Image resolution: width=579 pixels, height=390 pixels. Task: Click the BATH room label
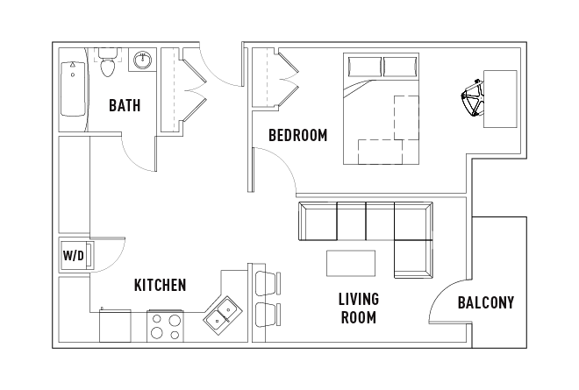coord(125,106)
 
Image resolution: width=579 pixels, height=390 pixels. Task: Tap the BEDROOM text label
coord(297,136)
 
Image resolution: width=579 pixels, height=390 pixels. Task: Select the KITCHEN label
coord(160,285)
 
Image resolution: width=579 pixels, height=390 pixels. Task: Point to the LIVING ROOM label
coord(358,308)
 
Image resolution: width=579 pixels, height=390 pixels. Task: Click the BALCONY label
coord(486,303)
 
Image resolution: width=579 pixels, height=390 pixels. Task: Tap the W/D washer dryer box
coord(74,256)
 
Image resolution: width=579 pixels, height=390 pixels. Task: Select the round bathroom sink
coord(142,60)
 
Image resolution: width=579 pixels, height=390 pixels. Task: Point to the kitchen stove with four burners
coord(165,326)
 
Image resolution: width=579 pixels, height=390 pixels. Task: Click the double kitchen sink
coord(223,314)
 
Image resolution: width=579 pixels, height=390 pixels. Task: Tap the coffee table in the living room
coord(351,263)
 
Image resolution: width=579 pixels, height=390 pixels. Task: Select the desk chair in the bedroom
coord(471,98)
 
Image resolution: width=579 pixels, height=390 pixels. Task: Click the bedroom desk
coord(500,98)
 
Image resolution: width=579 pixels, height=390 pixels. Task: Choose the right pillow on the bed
coord(401,67)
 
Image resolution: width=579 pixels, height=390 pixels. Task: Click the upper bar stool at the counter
coord(266,282)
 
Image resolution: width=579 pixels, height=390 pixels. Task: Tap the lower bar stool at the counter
coord(266,313)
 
